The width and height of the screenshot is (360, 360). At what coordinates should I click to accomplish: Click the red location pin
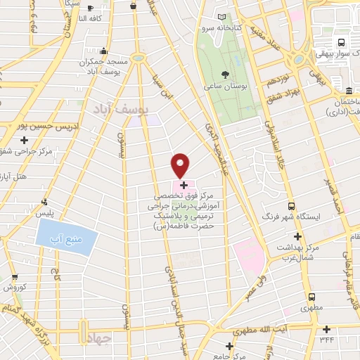[x=181, y=165]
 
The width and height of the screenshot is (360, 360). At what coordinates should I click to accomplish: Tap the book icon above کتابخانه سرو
[x=223, y=17]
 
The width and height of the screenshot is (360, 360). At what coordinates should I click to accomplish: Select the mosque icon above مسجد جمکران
[x=104, y=51]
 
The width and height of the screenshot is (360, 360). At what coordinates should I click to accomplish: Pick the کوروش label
[x=15, y=288]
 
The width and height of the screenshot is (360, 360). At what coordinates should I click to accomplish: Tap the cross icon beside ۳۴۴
[x=326, y=329]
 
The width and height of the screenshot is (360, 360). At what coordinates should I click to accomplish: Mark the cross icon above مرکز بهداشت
[x=298, y=236]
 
